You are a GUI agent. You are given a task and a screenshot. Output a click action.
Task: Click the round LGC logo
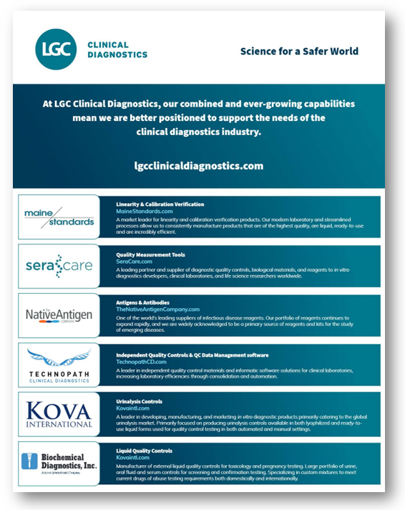click(56, 49)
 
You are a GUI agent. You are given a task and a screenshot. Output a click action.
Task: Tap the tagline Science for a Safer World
click(299, 52)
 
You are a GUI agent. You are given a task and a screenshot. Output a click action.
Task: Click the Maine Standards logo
click(59, 217)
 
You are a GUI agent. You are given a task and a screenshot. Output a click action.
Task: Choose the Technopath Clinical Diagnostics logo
click(59, 365)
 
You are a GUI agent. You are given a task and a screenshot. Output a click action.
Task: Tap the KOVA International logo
click(59, 415)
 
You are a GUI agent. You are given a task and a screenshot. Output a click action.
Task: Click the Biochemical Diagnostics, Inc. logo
click(59, 464)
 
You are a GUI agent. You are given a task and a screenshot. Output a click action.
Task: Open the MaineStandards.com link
click(145, 212)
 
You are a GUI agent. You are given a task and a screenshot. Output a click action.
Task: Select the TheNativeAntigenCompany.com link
click(157, 309)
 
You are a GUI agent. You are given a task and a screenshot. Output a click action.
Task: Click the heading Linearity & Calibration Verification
click(160, 204)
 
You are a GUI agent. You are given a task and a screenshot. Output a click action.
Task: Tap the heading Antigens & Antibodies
click(144, 302)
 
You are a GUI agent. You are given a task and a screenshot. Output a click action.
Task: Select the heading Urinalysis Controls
click(139, 402)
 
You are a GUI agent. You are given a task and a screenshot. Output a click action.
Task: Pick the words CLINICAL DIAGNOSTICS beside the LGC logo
click(117, 49)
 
